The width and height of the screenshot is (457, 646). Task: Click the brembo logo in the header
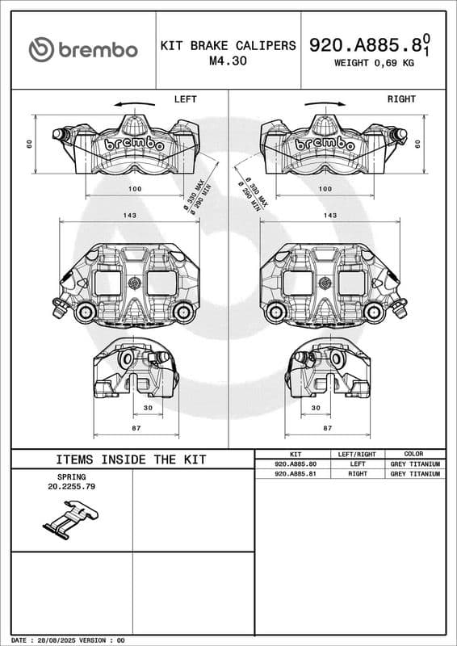click(x=83, y=50)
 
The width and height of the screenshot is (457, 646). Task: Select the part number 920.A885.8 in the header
click(x=365, y=45)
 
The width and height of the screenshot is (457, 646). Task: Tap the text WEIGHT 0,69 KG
click(x=374, y=63)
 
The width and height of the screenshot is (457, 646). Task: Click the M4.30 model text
click(x=228, y=61)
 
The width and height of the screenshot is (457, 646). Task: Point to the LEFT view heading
click(x=186, y=99)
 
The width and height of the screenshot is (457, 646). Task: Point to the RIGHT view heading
click(x=401, y=99)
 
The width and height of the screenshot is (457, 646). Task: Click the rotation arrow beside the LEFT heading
click(x=134, y=104)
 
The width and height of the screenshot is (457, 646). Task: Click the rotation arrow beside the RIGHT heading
click(x=325, y=104)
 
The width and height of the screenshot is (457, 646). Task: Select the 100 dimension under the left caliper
click(x=135, y=189)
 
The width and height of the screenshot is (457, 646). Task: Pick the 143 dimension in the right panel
click(x=330, y=216)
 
